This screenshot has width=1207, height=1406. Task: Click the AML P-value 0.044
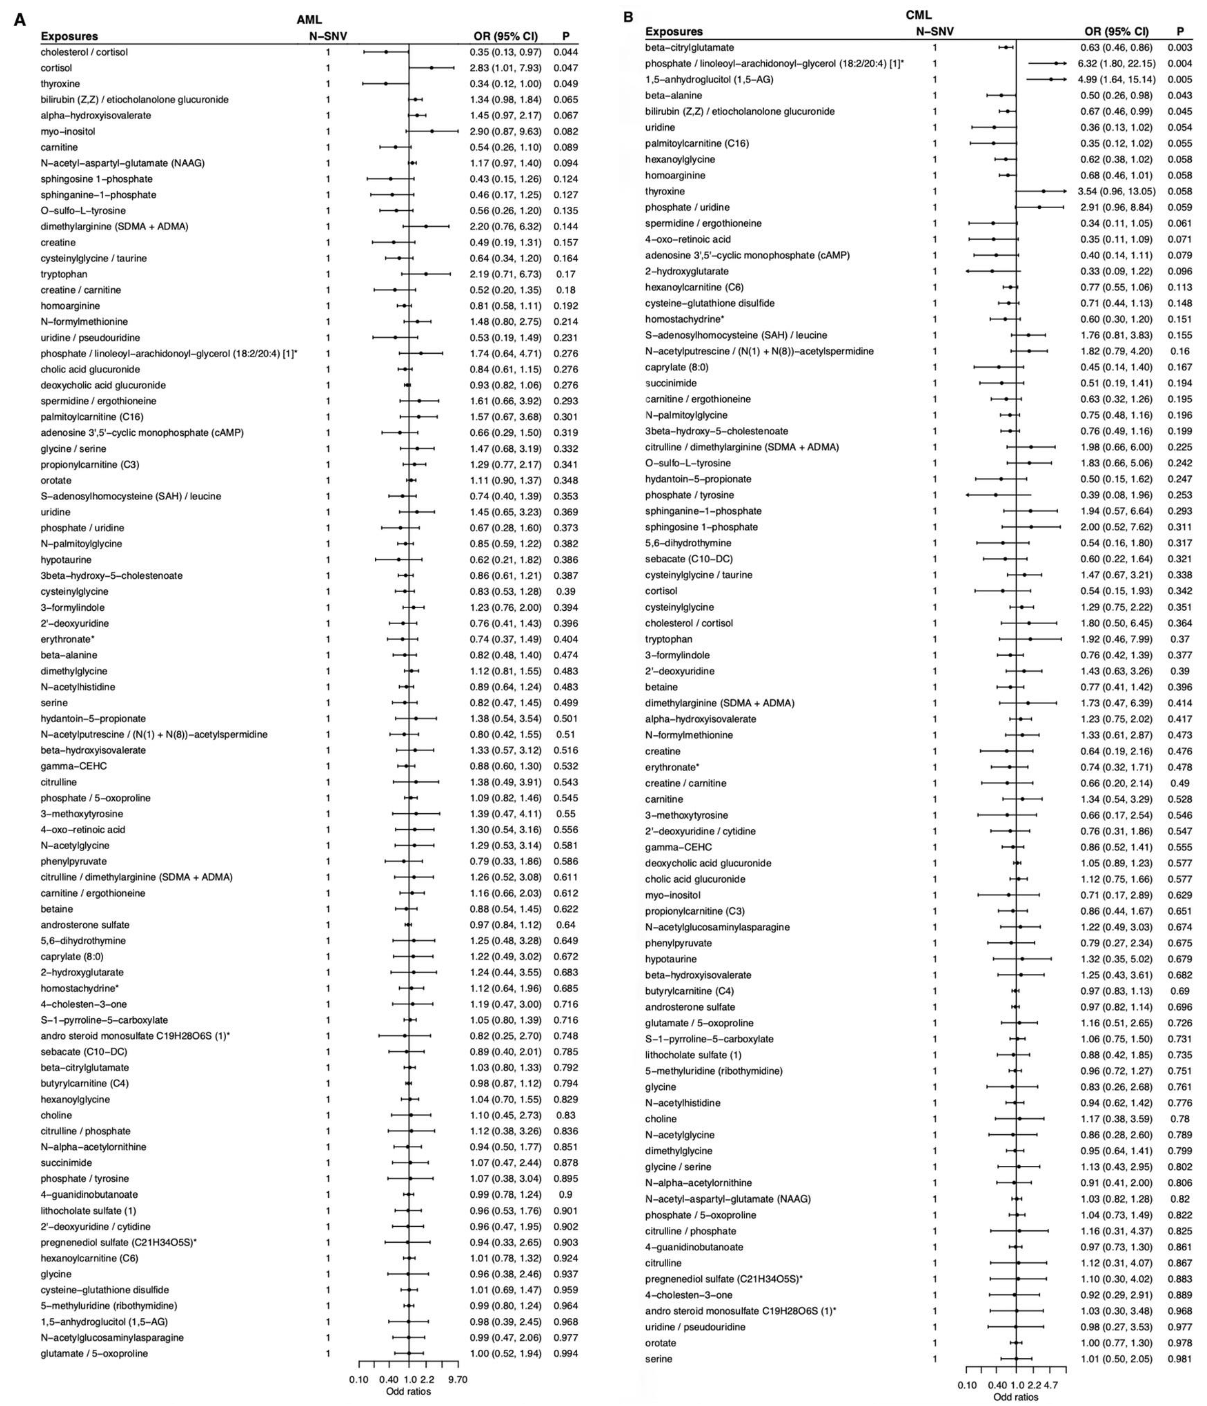coord(565,52)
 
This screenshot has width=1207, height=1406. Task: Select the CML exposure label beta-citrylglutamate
coord(689,48)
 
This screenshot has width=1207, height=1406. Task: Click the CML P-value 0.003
coord(1179,48)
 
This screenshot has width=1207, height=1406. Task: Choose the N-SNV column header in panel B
coord(935,31)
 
